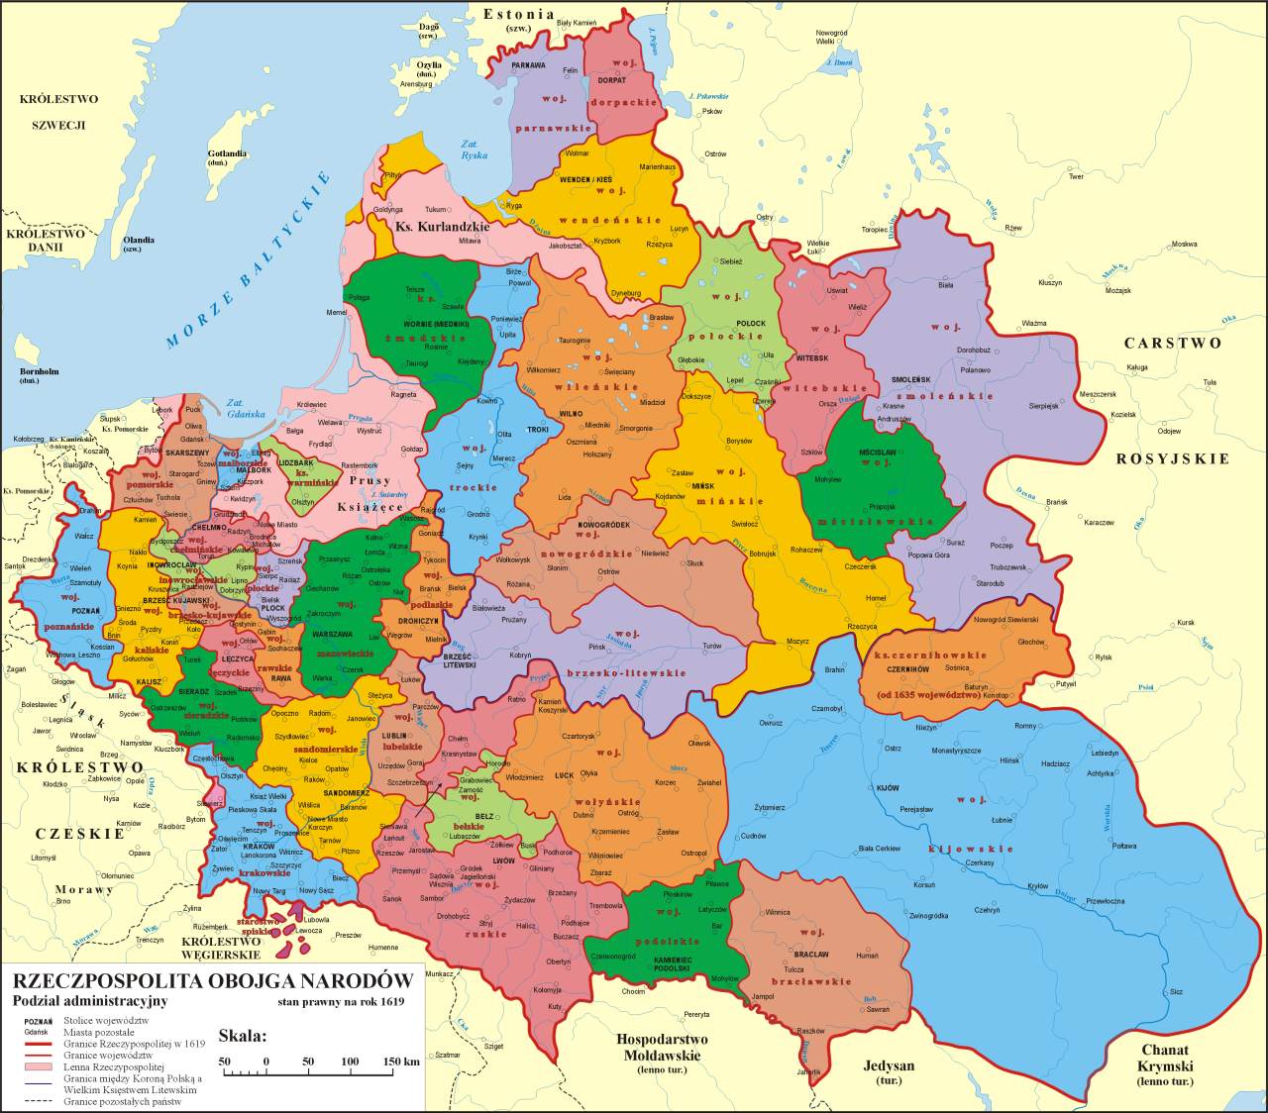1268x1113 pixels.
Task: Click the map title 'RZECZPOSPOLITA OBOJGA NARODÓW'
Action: (212, 981)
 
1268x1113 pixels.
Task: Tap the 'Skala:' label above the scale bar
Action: (243, 1037)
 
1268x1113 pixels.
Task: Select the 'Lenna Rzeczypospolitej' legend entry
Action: (112, 1067)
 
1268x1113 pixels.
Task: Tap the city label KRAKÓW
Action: (259, 847)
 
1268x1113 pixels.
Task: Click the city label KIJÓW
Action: (888, 788)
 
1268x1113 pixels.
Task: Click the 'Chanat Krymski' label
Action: (1164, 1058)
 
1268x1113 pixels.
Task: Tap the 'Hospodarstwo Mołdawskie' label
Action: (662, 1047)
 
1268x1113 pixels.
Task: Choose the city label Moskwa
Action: (1184, 245)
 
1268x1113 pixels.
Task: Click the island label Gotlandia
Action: (227, 154)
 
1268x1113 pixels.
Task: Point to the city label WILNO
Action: (571, 412)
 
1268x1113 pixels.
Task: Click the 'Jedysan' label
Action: (889, 1065)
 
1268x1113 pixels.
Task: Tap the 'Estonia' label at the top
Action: (518, 14)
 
